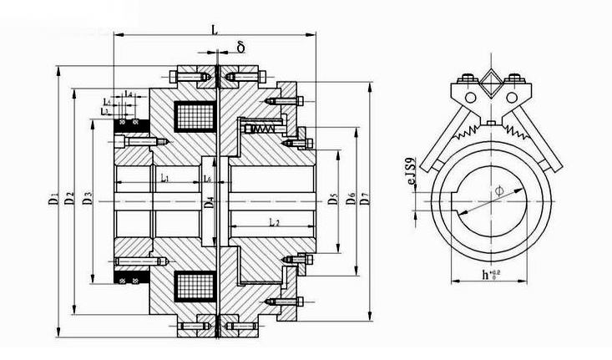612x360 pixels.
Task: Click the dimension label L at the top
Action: click(x=215, y=29)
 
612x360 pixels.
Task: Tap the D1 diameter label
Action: click(x=54, y=200)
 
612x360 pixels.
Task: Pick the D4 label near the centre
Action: click(x=210, y=200)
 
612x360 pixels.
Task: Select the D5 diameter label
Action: click(x=333, y=200)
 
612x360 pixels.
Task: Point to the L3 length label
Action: click(x=104, y=111)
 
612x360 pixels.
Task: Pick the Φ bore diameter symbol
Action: click(x=498, y=191)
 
